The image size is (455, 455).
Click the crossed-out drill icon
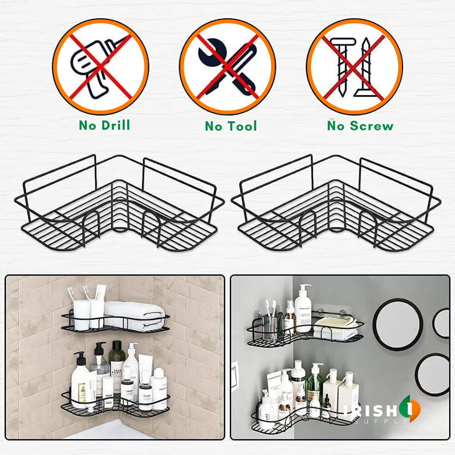point(101,67)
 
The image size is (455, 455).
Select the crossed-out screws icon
point(354,67)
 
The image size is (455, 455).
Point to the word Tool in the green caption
point(243,126)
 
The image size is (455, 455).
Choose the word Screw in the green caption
point(372,126)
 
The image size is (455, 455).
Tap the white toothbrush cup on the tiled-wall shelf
point(82,314)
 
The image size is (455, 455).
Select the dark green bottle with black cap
point(118,362)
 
